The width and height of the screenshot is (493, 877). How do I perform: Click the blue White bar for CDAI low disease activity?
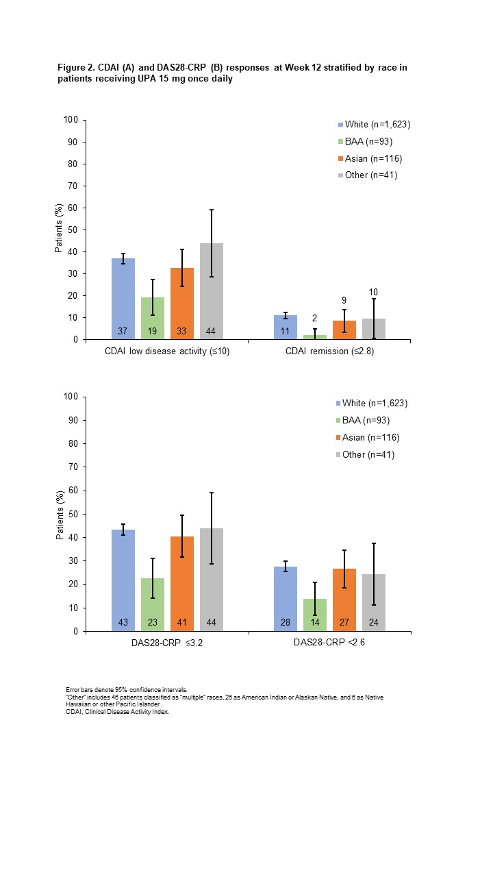coord(123,299)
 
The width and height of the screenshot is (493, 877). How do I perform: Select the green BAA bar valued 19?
coord(153,319)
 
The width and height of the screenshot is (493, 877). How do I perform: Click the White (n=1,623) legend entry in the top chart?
coord(372,124)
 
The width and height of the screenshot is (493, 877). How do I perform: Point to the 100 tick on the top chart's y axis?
coord(71,121)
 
